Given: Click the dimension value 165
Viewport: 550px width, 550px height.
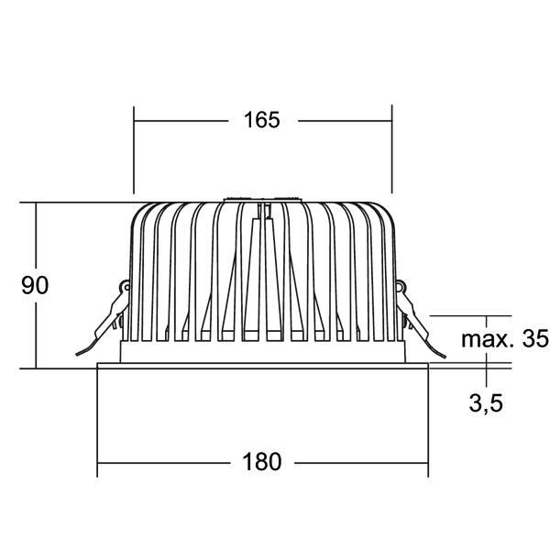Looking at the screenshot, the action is point(261,120).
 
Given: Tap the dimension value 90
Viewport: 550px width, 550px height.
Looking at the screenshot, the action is point(35,285).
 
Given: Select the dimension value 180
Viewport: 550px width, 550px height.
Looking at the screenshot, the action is point(261,462).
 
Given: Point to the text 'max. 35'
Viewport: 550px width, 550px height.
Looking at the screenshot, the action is point(504,339).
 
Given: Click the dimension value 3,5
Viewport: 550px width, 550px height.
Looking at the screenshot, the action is point(486,403).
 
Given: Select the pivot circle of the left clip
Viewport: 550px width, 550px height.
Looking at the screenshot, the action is point(126,287).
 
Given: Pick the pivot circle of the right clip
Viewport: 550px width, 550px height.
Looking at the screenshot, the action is point(400,287).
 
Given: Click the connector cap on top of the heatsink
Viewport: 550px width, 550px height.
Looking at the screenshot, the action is point(262,200).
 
